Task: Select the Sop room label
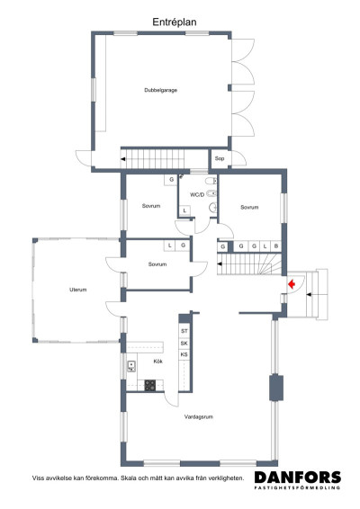pyautogui.click(x=219, y=159)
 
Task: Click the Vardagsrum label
pyautogui.click(x=197, y=417)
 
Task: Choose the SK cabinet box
pyautogui.click(x=184, y=344)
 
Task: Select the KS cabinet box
pyautogui.click(x=184, y=355)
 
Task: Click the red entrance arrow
pyautogui.click(x=292, y=284)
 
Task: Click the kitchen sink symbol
pyautogui.click(x=131, y=366)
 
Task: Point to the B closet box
pyautogui.click(x=276, y=246)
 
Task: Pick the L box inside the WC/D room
pyautogui.click(x=184, y=211)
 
